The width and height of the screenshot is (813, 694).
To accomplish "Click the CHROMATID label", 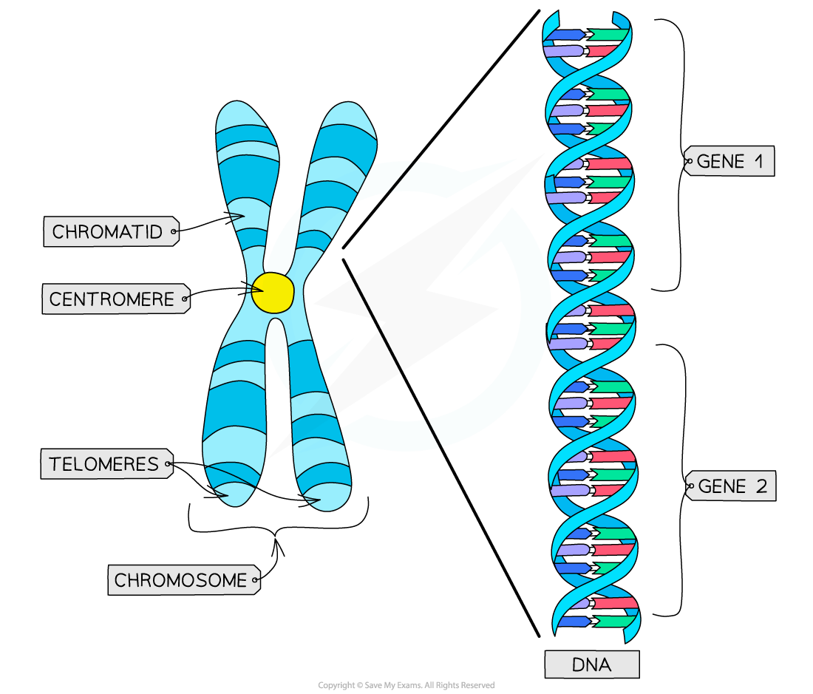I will pos(108,232).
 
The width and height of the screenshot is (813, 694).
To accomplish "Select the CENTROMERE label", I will pos(112,299).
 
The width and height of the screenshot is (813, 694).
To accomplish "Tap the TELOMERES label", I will pos(104,464).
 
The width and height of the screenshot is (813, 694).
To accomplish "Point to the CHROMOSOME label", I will pos(180,580).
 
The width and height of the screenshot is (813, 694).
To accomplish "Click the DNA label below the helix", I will pos(591,664).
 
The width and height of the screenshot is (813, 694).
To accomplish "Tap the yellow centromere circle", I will pos(272,293).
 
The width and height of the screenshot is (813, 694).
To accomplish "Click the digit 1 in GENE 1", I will pos(760,161).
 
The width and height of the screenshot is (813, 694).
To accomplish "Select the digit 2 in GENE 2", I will pos(761,486).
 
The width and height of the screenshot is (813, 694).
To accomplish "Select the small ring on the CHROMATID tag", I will pos(174,232).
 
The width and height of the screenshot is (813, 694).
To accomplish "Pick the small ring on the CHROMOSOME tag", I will pos(255,580).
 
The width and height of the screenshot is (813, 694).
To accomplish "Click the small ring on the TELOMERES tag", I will pos(169,465).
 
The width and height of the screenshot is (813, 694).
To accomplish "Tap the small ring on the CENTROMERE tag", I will pos(185,299).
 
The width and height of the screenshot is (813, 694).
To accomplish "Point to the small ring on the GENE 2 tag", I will pos(690,486).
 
